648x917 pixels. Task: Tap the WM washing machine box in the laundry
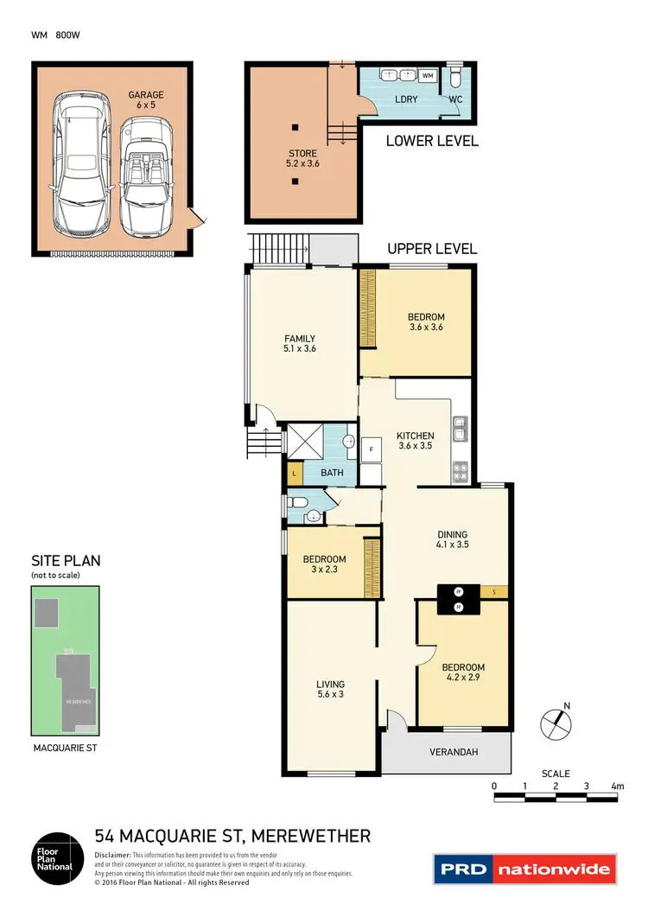coord(427,76)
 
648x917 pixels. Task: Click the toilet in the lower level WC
coord(455,80)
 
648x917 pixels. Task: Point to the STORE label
coord(302,157)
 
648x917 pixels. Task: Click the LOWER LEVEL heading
coord(431,141)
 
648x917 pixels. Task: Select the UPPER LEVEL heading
coord(431,249)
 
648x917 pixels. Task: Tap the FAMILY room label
coord(300,344)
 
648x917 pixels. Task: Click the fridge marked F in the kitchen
coord(371,449)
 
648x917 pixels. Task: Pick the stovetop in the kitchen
coord(461,472)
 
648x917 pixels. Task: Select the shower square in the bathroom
coord(304,441)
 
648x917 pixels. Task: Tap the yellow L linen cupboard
coord(294,474)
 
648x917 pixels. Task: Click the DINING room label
coord(452,539)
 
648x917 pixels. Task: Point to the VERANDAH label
coord(454,752)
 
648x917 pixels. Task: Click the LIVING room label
coord(330,688)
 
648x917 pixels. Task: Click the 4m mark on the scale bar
coord(617,786)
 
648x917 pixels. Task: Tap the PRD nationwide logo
coord(523,869)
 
